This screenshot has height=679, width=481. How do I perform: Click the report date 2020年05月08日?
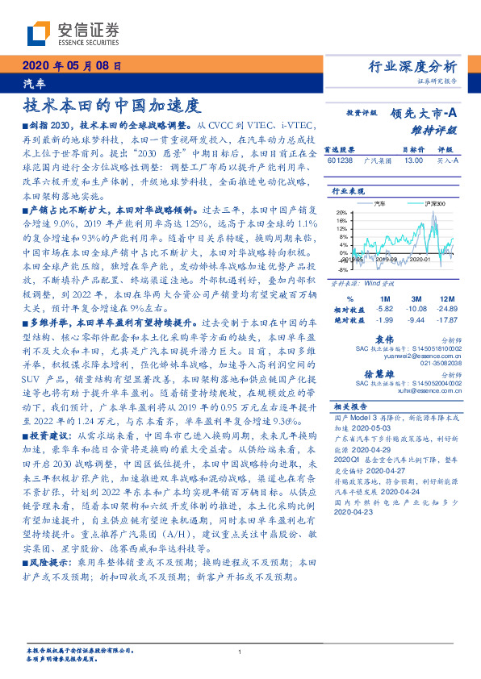pyautogui.click(x=71, y=65)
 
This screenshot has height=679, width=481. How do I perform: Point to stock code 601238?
pyautogui.click(x=339, y=160)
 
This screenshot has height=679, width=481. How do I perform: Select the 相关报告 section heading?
pyautogui.click(x=353, y=406)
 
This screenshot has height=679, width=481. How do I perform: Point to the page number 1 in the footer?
pyautogui.click(x=240, y=652)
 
